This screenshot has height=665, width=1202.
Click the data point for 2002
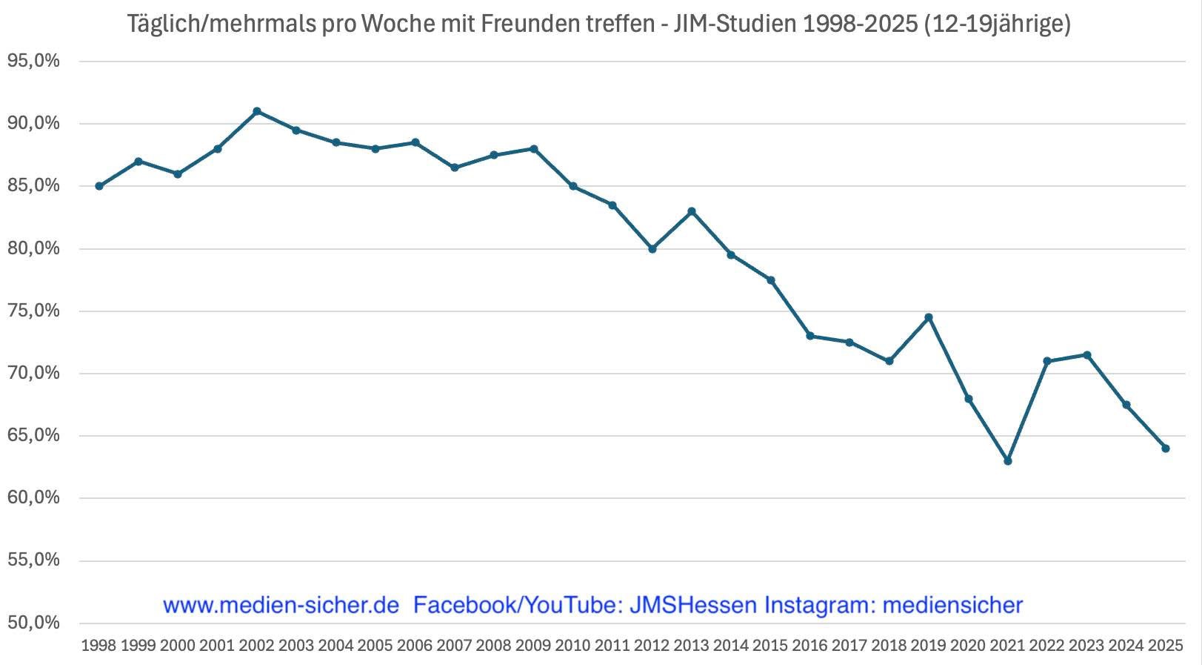(257, 111)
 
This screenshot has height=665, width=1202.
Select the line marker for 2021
(1007, 461)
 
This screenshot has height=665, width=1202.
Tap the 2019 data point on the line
(929, 317)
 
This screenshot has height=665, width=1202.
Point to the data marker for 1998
(99, 186)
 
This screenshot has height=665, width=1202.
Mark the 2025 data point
(1166, 449)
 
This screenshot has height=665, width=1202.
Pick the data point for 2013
(692, 211)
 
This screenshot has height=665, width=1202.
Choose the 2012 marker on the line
(652, 249)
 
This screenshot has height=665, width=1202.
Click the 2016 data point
(810, 336)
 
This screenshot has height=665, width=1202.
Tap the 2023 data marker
(1086, 355)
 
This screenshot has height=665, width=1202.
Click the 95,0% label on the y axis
(33, 61)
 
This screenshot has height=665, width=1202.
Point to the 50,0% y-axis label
(33, 623)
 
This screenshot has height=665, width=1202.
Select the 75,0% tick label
(33, 311)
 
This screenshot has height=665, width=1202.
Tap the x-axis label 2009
(533, 646)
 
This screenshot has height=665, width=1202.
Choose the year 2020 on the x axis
(968, 646)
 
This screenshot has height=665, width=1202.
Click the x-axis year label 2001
(217, 646)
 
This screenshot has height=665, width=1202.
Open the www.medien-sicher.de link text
(281, 605)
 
